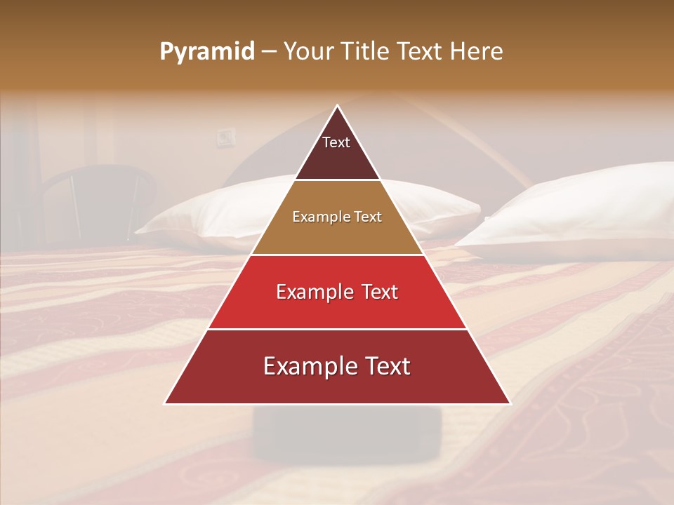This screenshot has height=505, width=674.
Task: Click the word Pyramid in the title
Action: (x=206, y=52)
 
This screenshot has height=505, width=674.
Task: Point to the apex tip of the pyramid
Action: (x=337, y=106)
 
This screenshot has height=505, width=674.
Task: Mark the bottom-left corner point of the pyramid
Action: (x=165, y=403)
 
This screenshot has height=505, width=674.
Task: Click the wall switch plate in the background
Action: (x=225, y=137)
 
